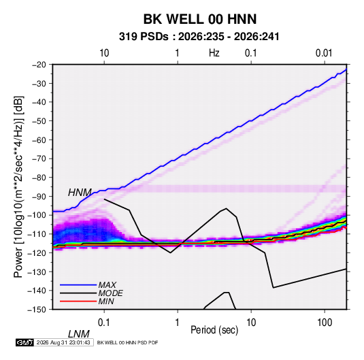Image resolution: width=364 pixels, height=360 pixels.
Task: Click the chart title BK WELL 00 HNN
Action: [200, 19]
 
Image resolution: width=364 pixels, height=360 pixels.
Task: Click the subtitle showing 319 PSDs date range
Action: [199, 37]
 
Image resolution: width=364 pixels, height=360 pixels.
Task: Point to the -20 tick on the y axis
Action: [39, 65]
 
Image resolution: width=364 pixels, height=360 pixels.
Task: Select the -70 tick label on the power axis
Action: [39, 159]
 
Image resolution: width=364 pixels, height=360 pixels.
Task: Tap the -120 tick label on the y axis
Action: [37, 253]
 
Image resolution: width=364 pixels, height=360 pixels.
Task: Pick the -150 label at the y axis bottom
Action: [37, 310]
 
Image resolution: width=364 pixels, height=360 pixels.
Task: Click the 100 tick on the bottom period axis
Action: [325, 323]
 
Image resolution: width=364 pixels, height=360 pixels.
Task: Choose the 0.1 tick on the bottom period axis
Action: [104, 323]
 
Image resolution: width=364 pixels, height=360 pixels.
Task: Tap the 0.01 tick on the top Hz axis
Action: [324, 53]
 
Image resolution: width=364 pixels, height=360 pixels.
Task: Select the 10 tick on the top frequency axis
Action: [104, 53]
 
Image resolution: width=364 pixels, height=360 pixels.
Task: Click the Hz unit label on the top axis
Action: [214, 53]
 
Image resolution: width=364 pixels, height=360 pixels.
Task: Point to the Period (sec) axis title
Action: [214, 330]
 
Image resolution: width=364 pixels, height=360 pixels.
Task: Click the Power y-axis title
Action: [18, 186]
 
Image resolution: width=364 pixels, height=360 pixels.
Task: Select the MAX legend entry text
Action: [107, 285]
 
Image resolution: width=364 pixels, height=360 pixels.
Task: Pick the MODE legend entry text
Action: [110, 293]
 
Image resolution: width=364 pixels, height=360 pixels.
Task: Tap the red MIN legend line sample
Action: [78, 301]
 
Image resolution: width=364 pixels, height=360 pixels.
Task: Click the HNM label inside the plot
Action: [80, 193]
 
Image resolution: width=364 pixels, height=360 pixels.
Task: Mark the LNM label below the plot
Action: [79, 334]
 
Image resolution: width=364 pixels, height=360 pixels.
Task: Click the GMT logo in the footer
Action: [25, 342]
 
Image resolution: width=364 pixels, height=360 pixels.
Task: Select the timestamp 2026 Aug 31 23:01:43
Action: [63, 342]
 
